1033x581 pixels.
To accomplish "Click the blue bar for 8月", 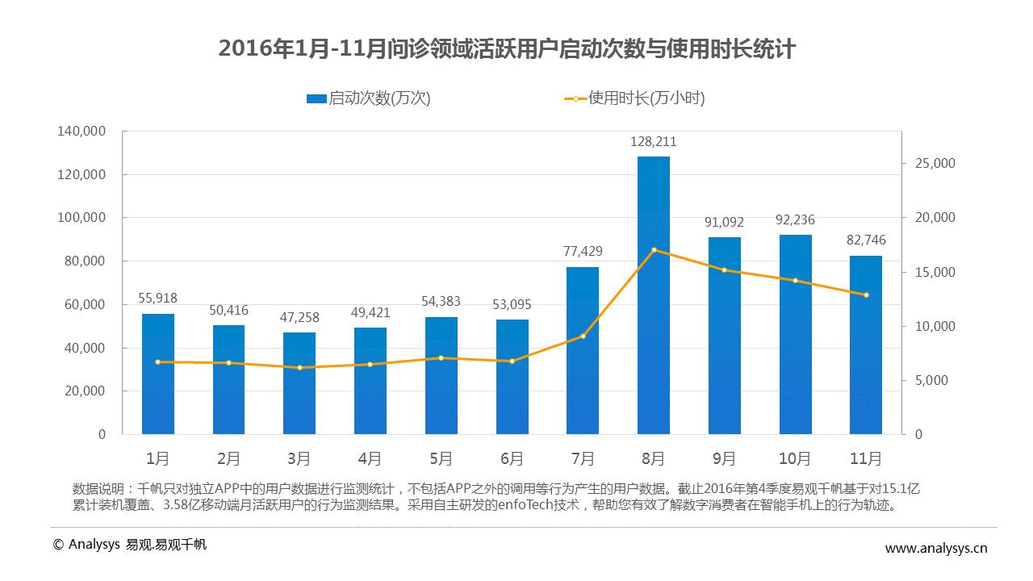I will (x=653, y=295).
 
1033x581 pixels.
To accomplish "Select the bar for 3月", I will (x=299, y=383).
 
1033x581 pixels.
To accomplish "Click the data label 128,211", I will (x=653, y=142).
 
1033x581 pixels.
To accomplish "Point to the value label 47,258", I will (x=299, y=318).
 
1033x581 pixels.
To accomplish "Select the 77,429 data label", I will (x=583, y=252).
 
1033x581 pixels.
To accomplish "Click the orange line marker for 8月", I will (x=654, y=250).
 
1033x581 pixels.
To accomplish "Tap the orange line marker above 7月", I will (x=583, y=336).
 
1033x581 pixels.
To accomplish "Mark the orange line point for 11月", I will (x=866, y=295).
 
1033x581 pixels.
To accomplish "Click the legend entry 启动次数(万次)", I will (x=369, y=98).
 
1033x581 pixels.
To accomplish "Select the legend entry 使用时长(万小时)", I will (x=634, y=98).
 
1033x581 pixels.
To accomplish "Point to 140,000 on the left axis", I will (x=82, y=132).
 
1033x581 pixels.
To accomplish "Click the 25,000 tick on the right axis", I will (x=934, y=164).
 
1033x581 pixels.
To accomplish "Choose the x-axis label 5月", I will (x=441, y=459).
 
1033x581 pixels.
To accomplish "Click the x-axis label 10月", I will (x=795, y=459).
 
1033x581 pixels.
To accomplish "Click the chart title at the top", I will (x=507, y=50).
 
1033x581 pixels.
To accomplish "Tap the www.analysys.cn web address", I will (x=936, y=549).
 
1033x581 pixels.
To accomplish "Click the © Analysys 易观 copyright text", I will (x=129, y=545).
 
